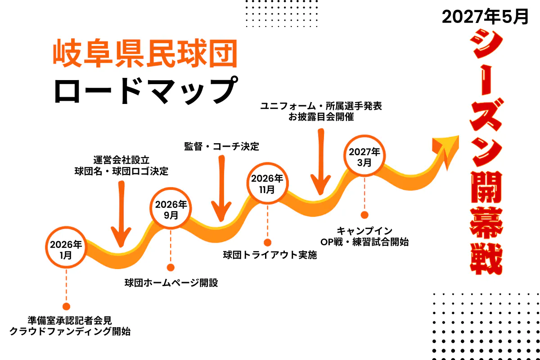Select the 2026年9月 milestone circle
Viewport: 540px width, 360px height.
(x=171, y=209)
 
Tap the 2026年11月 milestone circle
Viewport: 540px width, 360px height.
(x=267, y=184)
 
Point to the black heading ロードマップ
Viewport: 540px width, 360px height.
(x=145, y=90)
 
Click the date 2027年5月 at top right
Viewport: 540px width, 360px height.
(x=485, y=18)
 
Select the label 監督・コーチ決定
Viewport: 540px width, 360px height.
(x=221, y=147)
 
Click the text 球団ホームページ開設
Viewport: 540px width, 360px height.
(x=171, y=283)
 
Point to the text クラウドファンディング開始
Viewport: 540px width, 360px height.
(x=70, y=332)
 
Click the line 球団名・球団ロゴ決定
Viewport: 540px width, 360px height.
(x=121, y=171)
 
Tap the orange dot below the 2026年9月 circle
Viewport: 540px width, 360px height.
(x=171, y=268)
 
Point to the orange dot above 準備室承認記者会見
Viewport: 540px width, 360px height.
(x=66, y=306)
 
